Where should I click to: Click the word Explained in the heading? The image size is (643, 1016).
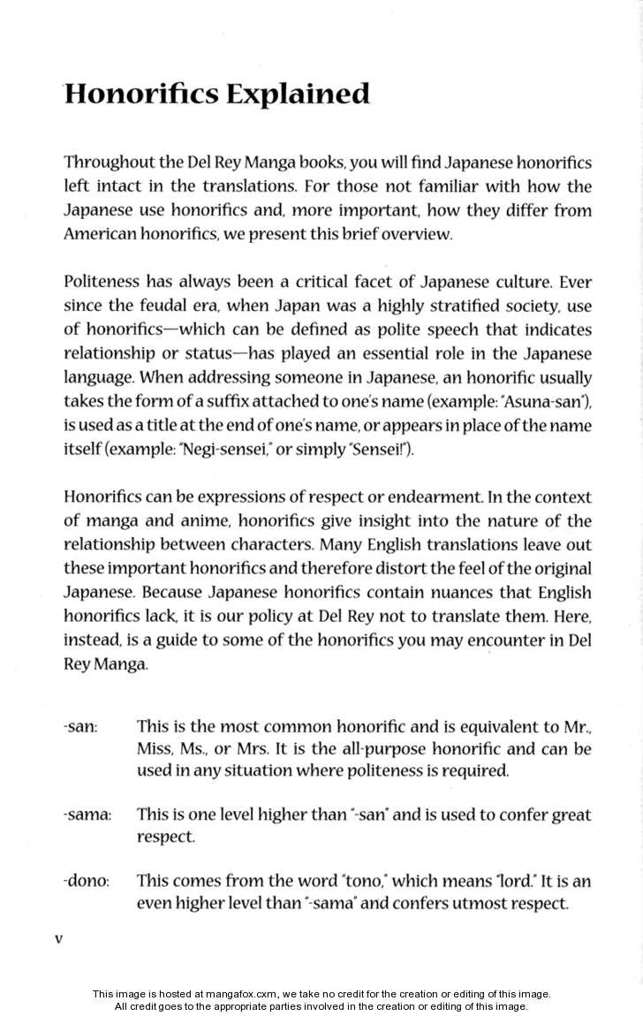click(297, 94)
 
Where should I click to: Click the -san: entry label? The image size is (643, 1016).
click(80, 727)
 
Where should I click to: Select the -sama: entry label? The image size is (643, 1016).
click(87, 815)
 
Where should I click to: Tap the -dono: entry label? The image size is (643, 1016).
click(86, 882)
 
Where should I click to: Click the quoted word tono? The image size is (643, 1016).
click(364, 882)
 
